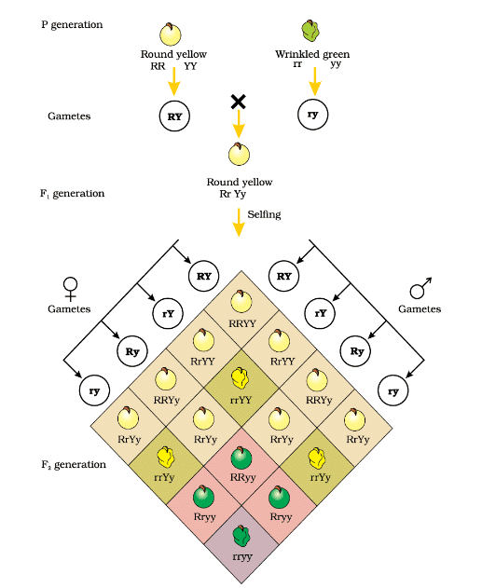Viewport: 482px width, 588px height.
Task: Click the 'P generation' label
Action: (x=72, y=25)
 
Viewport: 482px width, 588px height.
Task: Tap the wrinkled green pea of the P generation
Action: (x=311, y=31)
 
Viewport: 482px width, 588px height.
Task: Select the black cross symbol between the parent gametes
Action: (x=238, y=102)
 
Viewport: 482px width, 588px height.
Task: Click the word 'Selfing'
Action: (x=264, y=214)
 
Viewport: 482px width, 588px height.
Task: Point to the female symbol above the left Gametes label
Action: (x=70, y=289)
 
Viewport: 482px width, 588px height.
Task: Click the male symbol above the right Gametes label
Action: (x=420, y=288)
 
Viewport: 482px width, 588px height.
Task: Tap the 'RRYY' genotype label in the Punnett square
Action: (x=242, y=323)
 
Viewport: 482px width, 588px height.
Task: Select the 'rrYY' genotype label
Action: (x=241, y=400)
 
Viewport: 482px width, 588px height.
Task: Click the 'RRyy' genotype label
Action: (x=243, y=477)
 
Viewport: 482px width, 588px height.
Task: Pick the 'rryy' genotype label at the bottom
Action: (x=242, y=556)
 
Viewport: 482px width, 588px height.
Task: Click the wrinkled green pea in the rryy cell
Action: (x=241, y=536)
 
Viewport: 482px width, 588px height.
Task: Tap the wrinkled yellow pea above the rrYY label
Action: (x=240, y=378)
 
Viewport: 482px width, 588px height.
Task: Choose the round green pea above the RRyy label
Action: (x=241, y=458)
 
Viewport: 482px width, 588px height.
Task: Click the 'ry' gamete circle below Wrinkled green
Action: (x=313, y=115)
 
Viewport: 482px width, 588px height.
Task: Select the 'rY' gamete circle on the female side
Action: (x=168, y=313)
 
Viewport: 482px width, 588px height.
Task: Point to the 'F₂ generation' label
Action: (x=74, y=465)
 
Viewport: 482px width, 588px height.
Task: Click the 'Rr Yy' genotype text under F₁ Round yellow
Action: (x=233, y=194)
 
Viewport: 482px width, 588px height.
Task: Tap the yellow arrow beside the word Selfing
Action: (x=239, y=223)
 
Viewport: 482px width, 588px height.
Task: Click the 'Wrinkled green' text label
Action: (x=312, y=54)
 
